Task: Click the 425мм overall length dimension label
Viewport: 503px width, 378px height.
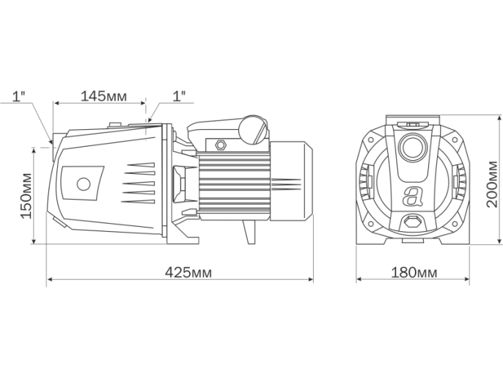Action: pos(188,272)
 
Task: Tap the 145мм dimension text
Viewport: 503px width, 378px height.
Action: pos(103,95)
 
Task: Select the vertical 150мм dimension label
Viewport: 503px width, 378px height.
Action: pos(26,195)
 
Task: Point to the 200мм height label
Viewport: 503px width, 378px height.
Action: pos(492,184)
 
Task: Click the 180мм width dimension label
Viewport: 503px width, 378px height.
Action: pos(414,272)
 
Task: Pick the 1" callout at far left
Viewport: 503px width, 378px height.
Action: pos(18,96)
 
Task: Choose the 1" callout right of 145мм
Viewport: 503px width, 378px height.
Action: pos(179,96)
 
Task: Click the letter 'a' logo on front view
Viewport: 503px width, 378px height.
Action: pos(412,196)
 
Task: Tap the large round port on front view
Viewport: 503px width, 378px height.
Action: pos(412,147)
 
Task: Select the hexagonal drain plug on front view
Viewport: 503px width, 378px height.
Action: pos(412,222)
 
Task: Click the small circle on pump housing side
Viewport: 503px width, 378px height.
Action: pos(84,183)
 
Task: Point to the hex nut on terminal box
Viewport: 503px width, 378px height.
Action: pos(221,144)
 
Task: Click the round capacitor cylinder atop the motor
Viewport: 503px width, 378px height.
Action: pos(253,129)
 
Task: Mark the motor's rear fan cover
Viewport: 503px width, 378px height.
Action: pos(291,181)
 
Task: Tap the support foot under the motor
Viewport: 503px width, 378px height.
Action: pos(249,232)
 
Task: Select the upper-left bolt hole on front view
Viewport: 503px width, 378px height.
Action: pos(370,140)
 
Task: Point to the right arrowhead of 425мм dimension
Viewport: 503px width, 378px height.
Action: pos(311,280)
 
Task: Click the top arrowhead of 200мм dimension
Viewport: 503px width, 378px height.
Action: pos(499,119)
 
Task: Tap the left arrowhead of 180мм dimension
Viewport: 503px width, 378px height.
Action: pos(359,280)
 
